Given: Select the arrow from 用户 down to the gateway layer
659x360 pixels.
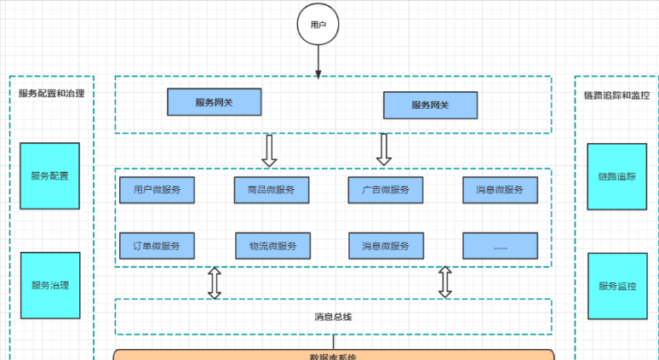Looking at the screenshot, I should [x=318, y=61].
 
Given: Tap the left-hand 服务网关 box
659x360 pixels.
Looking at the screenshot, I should [x=214, y=102].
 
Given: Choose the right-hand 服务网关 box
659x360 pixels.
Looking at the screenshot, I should [x=430, y=106].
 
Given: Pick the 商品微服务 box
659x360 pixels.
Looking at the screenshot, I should [x=272, y=190].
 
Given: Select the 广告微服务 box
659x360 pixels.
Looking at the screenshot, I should [x=386, y=190].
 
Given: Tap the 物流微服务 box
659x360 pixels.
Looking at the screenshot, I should [x=272, y=246].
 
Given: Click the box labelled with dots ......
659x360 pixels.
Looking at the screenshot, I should [x=501, y=246].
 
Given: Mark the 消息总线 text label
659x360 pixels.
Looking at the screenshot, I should [x=333, y=317].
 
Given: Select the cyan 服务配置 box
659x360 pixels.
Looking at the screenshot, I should [x=49, y=176].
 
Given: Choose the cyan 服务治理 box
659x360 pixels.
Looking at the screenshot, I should [x=49, y=285].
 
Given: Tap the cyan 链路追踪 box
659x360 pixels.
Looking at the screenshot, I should [x=616, y=177].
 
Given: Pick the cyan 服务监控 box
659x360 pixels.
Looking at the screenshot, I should [x=616, y=286].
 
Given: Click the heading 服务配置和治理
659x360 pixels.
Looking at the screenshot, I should [x=51, y=94].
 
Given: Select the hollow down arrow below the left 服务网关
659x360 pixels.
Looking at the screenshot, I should [x=269, y=150].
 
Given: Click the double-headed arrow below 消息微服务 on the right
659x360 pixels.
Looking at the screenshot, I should [x=444, y=283].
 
